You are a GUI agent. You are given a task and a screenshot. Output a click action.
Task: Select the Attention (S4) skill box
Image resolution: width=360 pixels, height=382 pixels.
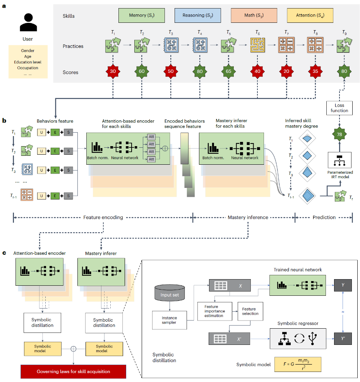point(310,15)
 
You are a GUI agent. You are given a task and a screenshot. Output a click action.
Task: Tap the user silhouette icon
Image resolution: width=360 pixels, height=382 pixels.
point(28,22)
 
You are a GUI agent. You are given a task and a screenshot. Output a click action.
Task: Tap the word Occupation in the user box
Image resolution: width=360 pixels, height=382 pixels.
point(28,68)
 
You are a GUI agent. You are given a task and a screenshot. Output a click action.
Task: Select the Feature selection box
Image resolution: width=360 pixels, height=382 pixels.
point(250,311)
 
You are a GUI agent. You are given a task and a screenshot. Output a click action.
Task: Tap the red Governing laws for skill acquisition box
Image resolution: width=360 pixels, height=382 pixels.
point(73,372)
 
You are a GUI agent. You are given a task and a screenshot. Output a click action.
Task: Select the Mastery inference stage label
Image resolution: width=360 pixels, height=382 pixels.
point(248,217)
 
